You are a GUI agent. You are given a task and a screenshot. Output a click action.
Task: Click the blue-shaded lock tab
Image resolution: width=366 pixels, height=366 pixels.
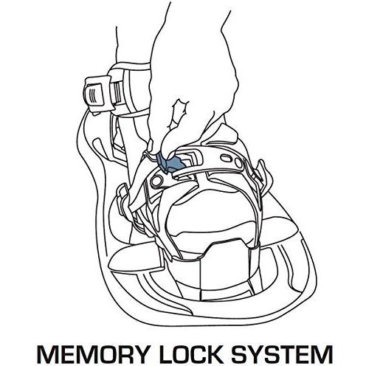point(170,163)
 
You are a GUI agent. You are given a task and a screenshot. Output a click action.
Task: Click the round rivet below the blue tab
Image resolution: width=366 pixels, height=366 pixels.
point(156,182)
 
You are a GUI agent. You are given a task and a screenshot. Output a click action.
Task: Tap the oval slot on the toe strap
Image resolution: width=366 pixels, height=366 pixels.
point(225,159)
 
